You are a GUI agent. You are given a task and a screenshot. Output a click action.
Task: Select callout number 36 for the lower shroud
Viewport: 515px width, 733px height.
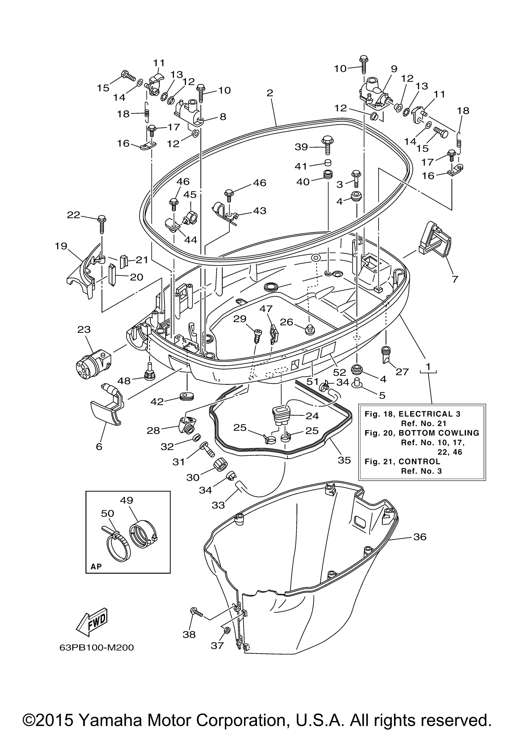click(420, 537)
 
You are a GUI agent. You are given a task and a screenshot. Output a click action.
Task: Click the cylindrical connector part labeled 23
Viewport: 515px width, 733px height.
click(93, 361)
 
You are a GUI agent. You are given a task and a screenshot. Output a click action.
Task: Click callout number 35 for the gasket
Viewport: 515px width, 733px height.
click(344, 460)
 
